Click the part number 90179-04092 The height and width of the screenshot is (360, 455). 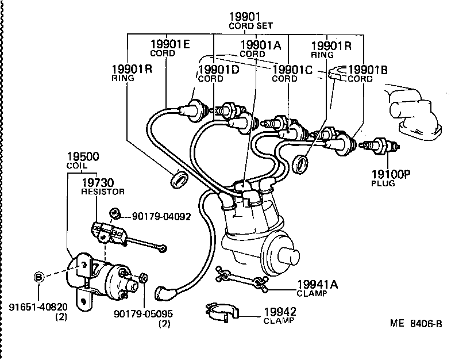point(161,216)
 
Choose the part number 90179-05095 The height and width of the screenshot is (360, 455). point(143,314)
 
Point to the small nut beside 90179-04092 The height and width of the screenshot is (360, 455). point(115,214)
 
